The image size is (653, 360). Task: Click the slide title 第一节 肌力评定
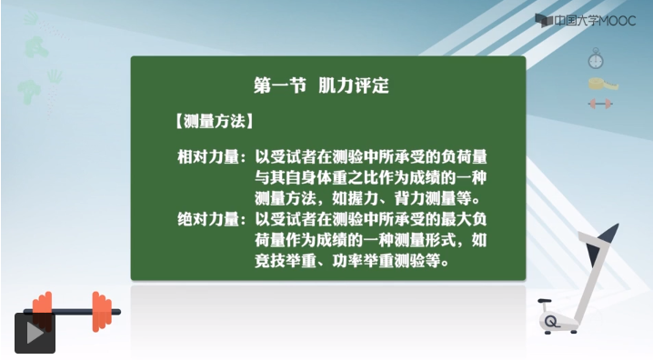pos(322,85)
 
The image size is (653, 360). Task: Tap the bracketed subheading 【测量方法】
pos(214,121)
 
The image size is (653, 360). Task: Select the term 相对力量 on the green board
pos(208,157)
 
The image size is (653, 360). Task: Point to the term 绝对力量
pos(208,219)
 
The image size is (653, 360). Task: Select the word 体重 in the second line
pos(332,177)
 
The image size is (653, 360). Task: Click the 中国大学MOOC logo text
pos(595,21)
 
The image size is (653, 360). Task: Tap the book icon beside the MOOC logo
pos(544,21)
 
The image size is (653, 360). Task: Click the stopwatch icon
pos(596,58)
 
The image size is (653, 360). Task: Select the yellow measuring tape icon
pos(603,84)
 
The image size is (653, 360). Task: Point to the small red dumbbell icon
pos(600,104)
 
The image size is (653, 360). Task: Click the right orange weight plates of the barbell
pos(102,311)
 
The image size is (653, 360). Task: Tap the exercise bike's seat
pos(544,301)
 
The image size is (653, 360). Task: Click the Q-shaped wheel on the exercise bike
pos(552,321)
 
